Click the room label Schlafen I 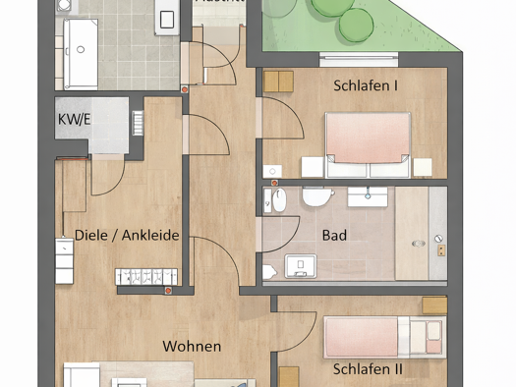coord(366,86)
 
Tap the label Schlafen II coord(368,369)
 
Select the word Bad coord(334,236)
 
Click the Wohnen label coord(192,347)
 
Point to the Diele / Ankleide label coord(127,236)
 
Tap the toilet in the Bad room coord(317,196)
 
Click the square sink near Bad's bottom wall coord(297,265)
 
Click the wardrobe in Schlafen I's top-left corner coord(279,82)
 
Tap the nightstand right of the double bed coord(426,168)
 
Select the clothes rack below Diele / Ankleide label coord(147,277)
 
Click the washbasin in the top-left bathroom coord(167,19)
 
